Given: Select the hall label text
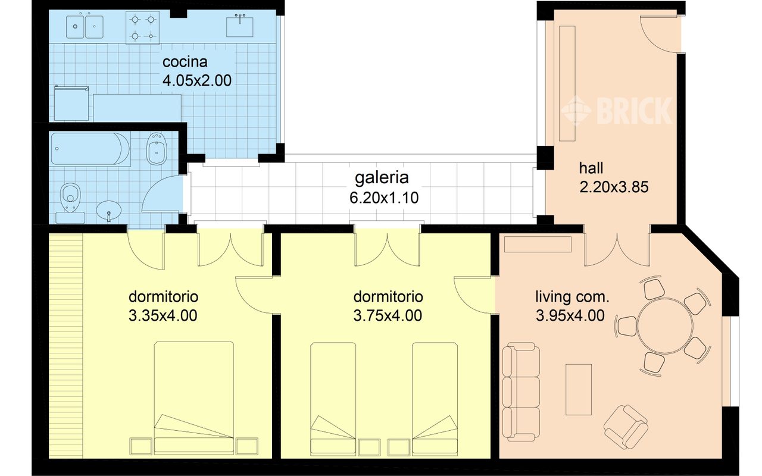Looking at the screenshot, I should point(591,168).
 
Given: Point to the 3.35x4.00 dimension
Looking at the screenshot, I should point(163,315).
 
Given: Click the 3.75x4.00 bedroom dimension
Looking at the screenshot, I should point(388,315).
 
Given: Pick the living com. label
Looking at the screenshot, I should point(572,296).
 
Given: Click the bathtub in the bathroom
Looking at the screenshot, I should point(90,149).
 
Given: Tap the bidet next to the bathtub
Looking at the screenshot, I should point(157,149).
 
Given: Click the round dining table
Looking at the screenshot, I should point(668,325).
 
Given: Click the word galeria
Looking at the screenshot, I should point(382,177).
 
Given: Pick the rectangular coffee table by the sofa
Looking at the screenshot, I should point(578,390).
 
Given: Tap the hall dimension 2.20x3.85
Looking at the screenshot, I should point(614,187).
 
